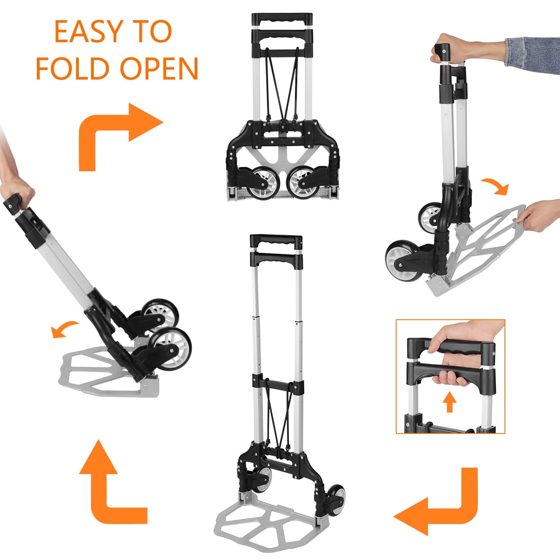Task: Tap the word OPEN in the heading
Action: (159, 69)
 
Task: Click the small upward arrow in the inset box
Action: (449, 402)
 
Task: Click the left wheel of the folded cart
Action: (260, 183)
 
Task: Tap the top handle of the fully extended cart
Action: (276, 242)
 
